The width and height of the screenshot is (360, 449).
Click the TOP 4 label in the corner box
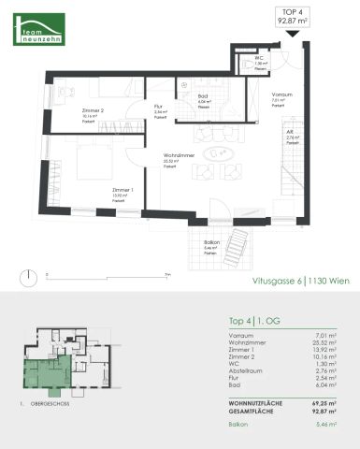pyautogui.click(x=294, y=14)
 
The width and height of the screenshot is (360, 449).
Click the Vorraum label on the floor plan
pyautogui.click(x=278, y=95)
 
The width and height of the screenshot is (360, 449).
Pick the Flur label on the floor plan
pyautogui.click(x=159, y=107)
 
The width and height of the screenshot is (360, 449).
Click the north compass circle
pyautogui.click(x=32, y=275)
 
